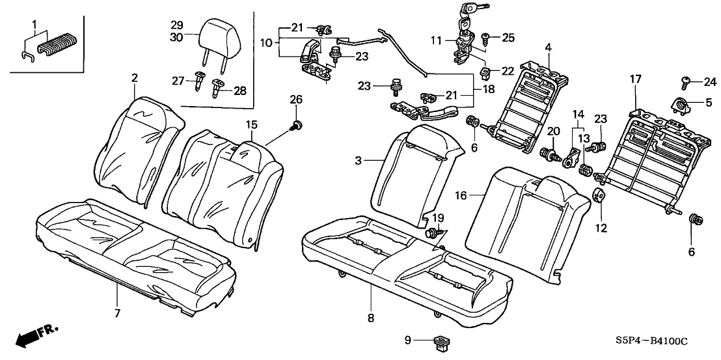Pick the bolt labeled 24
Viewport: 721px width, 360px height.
click(x=686, y=82)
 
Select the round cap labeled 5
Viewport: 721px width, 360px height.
click(x=680, y=103)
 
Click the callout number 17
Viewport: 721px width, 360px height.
click(x=636, y=79)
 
